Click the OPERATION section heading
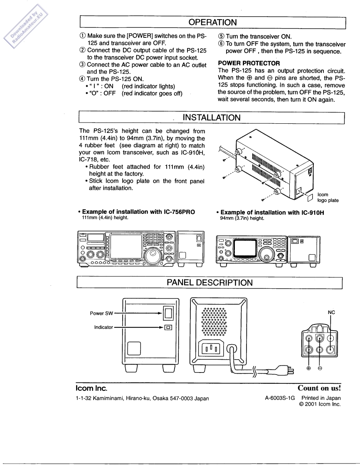pyautogui.click(x=212, y=21)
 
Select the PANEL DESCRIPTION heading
pyautogui.click(x=210, y=283)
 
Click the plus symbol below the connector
pyautogui.click(x=309, y=368)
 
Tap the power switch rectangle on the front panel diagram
pyautogui.click(x=168, y=313)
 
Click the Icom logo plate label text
pyautogui.click(x=328, y=197)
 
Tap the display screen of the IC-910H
pyautogui.click(x=247, y=248)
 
